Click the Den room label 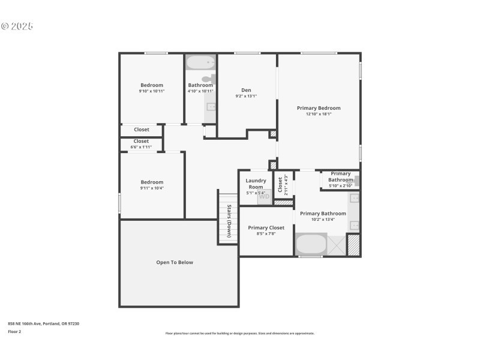pos(246,90)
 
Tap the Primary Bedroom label pos(319,108)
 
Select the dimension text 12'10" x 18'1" pos(319,114)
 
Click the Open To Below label pos(175,262)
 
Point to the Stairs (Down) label pos(229,221)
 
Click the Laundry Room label pos(256,184)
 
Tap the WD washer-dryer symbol pos(264,197)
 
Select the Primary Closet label pos(266,227)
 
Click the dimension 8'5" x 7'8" pos(266,233)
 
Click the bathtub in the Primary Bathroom pos(311,244)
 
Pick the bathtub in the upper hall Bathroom pos(200,62)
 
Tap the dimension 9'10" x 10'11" pos(152,91)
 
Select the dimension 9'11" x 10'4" pos(152,188)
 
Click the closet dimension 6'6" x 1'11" pos(141,147)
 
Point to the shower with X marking pos(337,245)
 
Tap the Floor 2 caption pos(14,331)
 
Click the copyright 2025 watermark pos(17,26)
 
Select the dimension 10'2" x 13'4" pos(323,220)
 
